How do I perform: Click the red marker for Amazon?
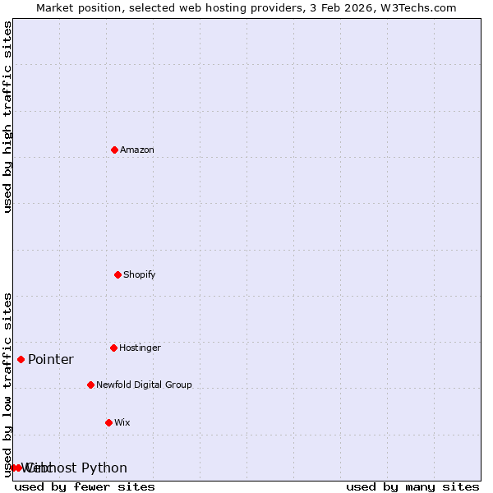pos(114,150)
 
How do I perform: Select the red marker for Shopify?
pos(117,274)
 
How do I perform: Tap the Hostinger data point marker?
pos(113,348)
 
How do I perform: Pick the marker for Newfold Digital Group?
pos(90,385)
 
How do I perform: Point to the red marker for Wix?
pos(108,422)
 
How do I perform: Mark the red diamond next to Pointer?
pos(21,359)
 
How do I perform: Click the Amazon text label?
pos(137,150)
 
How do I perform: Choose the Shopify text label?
pos(140,274)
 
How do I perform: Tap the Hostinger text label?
pos(140,348)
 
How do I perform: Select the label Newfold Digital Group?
pos(144,385)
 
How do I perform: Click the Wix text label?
pos(122,422)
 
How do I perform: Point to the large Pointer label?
pos(51,359)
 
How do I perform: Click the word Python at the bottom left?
pos(104,468)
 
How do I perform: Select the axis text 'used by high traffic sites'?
pos(8,117)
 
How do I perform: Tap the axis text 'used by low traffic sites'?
pos(8,385)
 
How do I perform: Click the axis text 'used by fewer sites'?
pos(85,486)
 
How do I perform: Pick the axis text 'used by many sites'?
pos(412,486)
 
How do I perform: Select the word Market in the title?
pos(56,7)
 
